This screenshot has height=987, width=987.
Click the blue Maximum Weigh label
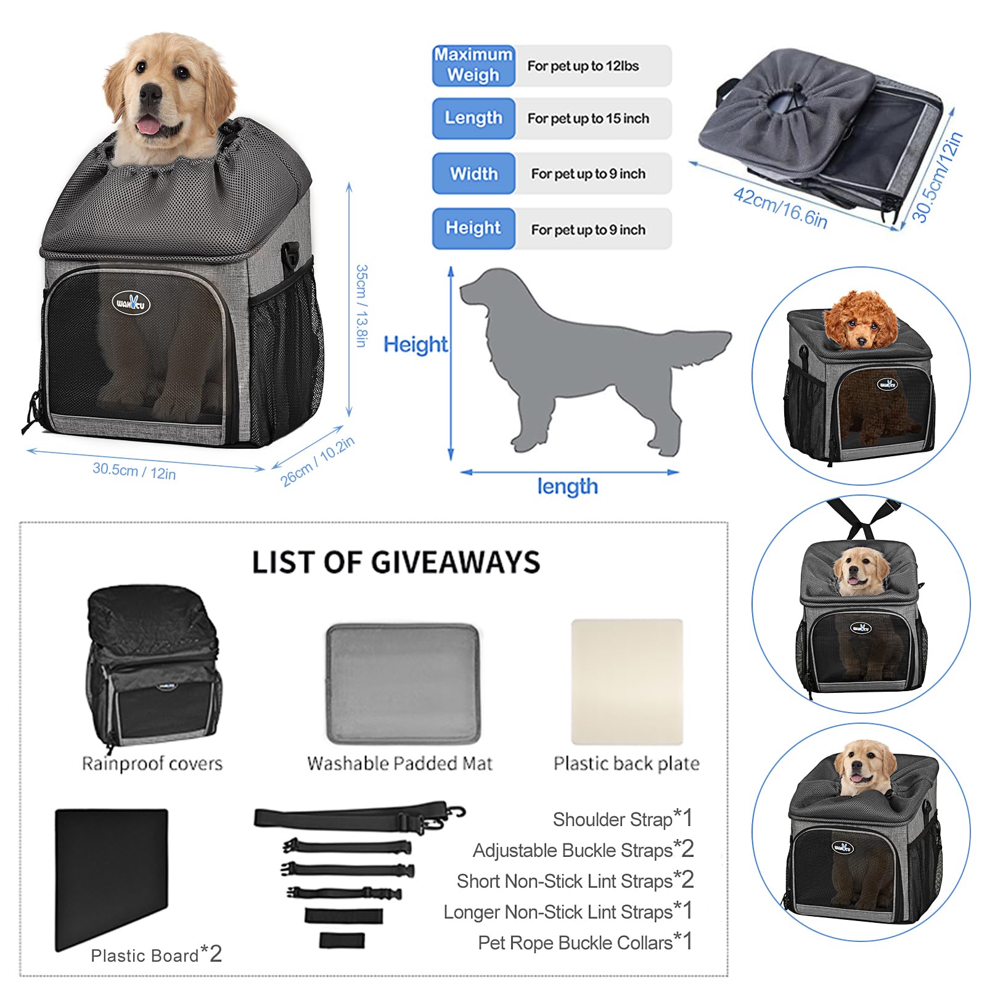pyautogui.click(x=473, y=65)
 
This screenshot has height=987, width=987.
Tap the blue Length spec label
pyautogui.click(x=473, y=118)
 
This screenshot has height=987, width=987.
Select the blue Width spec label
pyautogui.click(x=473, y=174)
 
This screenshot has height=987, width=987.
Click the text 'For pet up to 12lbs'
pyautogui.click(x=583, y=66)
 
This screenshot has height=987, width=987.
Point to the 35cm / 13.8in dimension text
pyautogui.click(x=362, y=306)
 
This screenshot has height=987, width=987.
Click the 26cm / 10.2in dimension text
pyautogui.click(x=317, y=461)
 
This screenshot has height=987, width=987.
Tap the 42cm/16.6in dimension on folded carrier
pyautogui.click(x=780, y=208)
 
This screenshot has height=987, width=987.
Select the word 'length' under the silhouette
pyautogui.click(x=567, y=486)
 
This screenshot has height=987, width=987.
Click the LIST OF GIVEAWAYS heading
pyautogui.click(x=396, y=562)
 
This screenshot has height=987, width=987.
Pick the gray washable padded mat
pyautogui.click(x=403, y=683)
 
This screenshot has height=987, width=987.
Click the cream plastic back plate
pyautogui.click(x=627, y=682)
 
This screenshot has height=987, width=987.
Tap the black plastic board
pyautogui.click(x=111, y=875)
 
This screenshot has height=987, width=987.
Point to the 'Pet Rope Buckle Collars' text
pyautogui.click(x=575, y=943)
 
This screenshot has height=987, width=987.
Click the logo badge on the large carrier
pyautogui.click(x=131, y=303)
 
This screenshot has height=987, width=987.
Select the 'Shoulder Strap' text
pyautogui.click(x=612, y=819)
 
